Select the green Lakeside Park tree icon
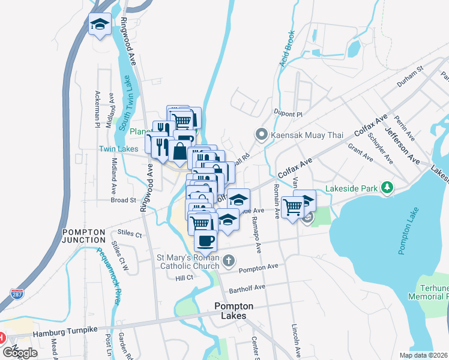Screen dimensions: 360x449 tap(387, 188)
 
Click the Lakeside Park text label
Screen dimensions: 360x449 tap(352, 188)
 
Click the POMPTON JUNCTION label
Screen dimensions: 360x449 tap(83, 235)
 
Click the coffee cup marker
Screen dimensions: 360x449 tap(205, 241)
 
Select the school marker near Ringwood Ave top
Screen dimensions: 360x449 tap(100, 25)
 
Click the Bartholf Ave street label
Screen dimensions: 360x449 tap(247, 289)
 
